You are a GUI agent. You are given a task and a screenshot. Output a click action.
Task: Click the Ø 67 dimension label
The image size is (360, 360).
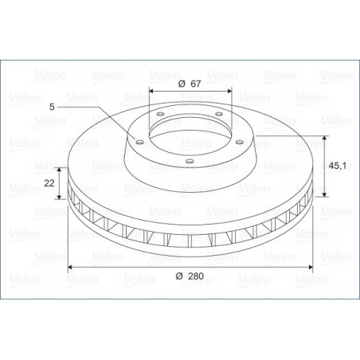coord(190,84)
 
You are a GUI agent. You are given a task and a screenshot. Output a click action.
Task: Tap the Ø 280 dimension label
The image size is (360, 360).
coord(190,276)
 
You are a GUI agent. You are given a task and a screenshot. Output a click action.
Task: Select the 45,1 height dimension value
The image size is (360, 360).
coord(337,166)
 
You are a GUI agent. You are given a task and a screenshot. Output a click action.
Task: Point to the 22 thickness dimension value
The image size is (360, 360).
coord(49,183)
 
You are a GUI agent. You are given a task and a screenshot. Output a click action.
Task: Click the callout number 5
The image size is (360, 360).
coord(52,107)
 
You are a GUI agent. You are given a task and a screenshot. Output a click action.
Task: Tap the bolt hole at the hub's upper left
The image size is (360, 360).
coord(160,114)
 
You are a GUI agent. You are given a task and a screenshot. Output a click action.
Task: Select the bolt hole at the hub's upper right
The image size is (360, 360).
coord(218,114)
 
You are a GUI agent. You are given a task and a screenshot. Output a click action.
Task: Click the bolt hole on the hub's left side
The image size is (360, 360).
coord(139,142)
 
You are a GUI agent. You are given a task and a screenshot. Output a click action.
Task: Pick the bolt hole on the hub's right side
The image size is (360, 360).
coord(240,142)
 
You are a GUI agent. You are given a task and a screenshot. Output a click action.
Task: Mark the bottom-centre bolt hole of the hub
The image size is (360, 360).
coord(190,161)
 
